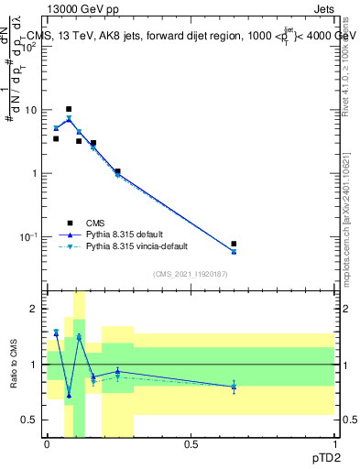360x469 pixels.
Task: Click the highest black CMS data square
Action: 68,109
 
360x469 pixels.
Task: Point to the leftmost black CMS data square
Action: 56,139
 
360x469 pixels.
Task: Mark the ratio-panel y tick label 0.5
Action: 30,420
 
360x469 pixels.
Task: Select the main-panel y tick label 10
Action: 30,110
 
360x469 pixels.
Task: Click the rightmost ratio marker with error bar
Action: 234,387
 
